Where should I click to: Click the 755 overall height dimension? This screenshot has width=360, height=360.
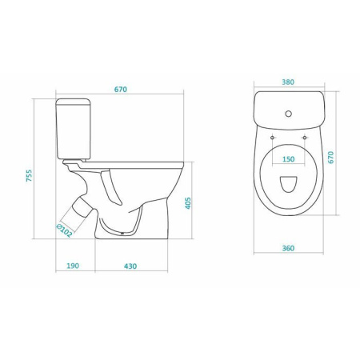(29, 175)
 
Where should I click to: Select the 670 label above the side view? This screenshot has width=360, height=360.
(121, 90)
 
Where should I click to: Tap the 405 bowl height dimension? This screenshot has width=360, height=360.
(188, 203)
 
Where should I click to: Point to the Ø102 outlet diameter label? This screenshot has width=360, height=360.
(64, 231)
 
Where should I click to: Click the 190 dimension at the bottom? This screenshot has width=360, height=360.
(73, 266)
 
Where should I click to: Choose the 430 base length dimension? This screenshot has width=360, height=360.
(130, 266)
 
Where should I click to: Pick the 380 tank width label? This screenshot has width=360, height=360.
(288, 82)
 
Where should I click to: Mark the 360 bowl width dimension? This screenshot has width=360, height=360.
(288, 248)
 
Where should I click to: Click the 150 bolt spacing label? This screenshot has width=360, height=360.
(289, 159)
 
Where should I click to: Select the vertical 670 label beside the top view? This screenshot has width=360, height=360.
(330, 158)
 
